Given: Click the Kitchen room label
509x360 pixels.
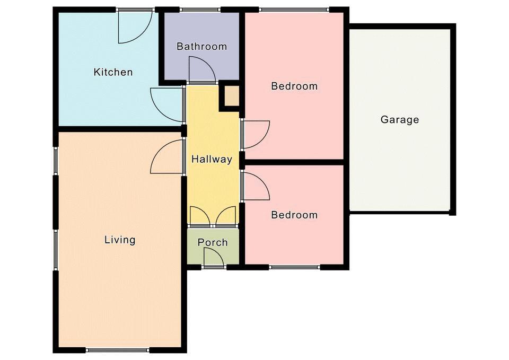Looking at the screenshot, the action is click(x=113, y=72).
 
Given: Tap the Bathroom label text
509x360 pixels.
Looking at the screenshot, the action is click(x=201, y=47).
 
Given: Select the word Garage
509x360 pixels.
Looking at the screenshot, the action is click(x=400, y=120).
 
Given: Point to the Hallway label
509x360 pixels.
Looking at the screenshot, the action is click(x=212, y=159).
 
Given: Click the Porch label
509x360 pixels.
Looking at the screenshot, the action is click(x=213, y=242).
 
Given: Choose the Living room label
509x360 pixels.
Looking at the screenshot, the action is click(x=120, y=240).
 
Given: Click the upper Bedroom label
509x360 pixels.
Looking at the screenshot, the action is click(x=294, y=86).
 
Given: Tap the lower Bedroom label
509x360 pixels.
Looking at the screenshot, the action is click(x=294, y=215).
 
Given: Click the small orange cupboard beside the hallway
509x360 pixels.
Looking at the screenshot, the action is click(x=232, y=96).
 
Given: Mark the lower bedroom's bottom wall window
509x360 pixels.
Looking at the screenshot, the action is click(x=295, y=267).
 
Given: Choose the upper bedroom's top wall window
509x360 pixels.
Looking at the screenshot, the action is click(x=294, y=10).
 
